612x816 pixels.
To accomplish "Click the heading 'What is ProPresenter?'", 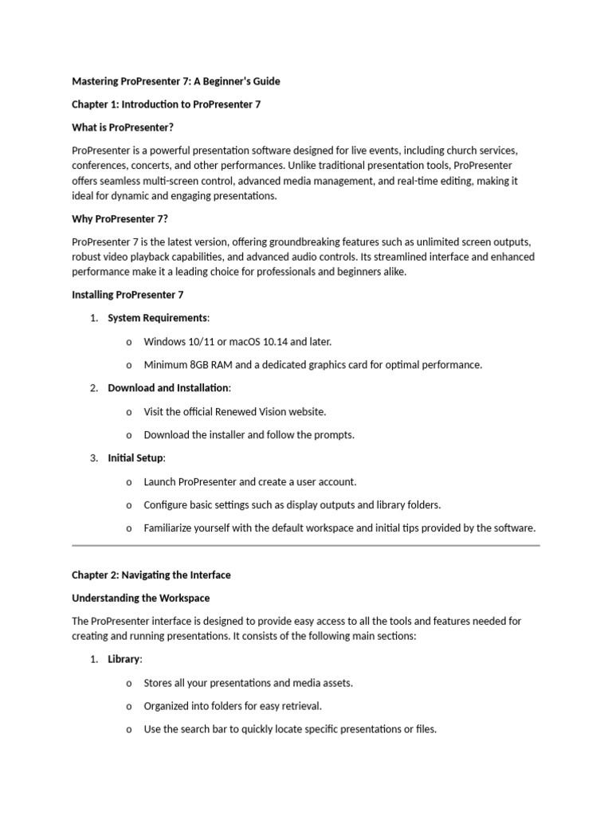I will coord(123,127).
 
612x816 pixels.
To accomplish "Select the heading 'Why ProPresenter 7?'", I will coord(120,219).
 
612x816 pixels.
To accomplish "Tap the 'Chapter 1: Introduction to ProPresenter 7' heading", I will coord(166,104).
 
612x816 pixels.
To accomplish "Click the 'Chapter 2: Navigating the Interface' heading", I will coord(151,575).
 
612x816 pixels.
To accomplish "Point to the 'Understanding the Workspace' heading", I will coord(141,598).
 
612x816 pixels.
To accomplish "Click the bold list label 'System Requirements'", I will coord(157,318).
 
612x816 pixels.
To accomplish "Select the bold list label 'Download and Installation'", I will coord(168,388).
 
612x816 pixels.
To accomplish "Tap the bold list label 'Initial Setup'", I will coord(135,458).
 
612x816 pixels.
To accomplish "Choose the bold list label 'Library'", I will coord(124,659).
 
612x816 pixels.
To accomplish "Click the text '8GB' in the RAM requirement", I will coord(202,365).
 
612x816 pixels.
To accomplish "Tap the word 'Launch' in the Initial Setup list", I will coord(159,482).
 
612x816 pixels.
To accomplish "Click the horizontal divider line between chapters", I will coord(306,546).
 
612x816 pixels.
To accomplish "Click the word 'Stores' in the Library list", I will coord(158,683).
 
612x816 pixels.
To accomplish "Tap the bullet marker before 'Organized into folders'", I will coord(129,706).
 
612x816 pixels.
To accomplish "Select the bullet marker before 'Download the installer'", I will coord(129,435).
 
